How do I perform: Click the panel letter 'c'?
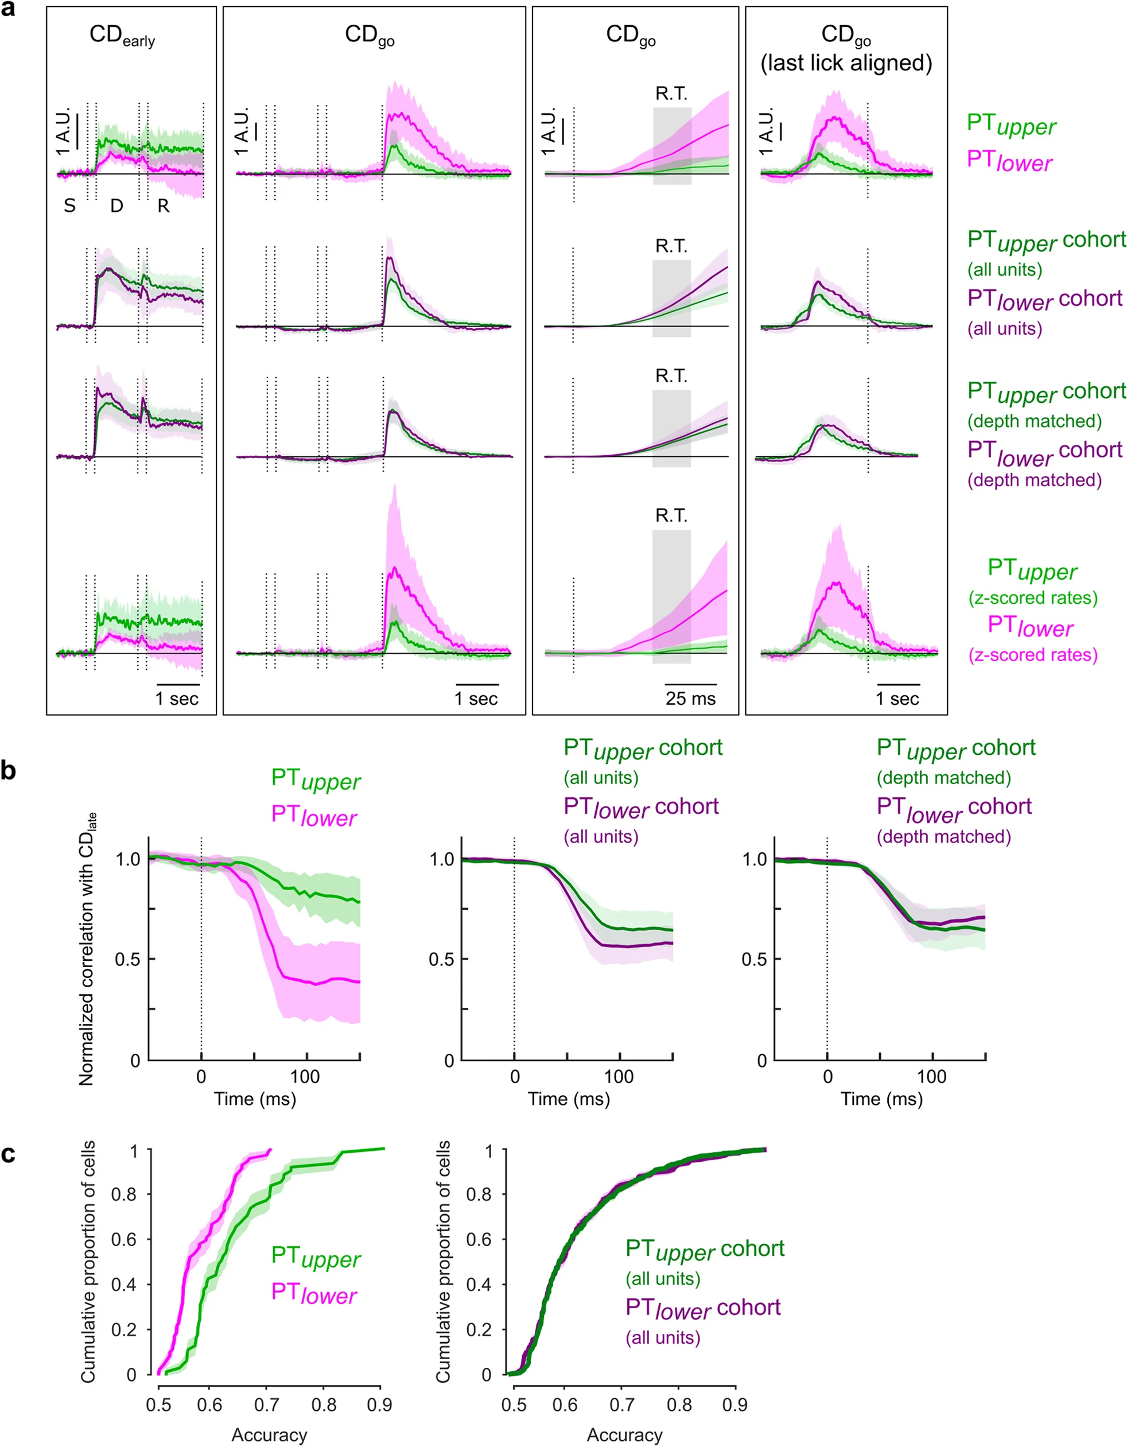[9, 1154]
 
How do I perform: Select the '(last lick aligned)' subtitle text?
[846, 63]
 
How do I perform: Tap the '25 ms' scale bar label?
[690, 699]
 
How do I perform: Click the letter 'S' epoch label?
[69, 206]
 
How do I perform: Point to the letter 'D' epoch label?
[116, 206]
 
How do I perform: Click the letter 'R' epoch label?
[163, 206]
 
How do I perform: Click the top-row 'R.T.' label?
[671, 94]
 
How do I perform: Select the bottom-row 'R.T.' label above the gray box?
[671, 515]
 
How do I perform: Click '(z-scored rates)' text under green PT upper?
[1032, 598]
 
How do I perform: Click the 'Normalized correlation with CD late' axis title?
[87, 948]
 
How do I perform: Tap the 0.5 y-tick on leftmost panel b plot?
[127, 959]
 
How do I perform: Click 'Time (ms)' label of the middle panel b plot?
[569, 1099]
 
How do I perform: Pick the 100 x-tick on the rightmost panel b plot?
[931, 1077]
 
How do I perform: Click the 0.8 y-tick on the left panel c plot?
[124, 1194]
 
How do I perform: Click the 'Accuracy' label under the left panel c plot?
[269, 1435]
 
